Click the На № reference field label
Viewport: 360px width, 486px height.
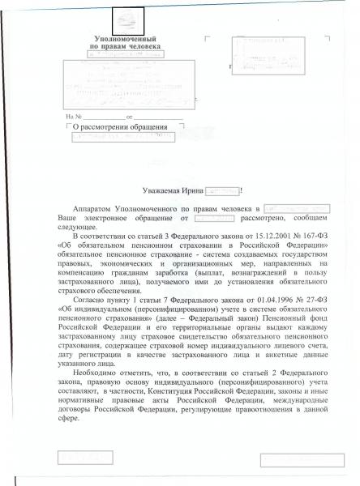pos(75,117)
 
